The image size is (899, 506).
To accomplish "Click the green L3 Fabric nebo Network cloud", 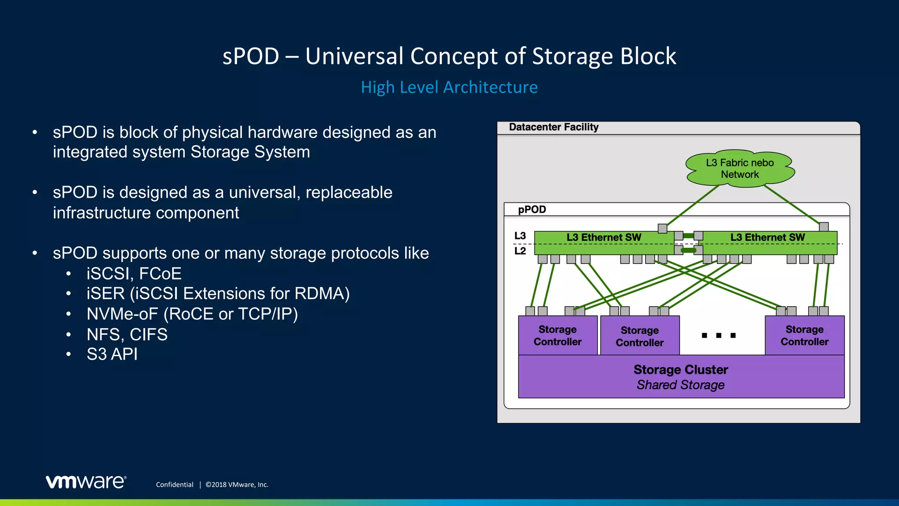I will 740,169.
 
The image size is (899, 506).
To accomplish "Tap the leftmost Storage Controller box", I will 557,336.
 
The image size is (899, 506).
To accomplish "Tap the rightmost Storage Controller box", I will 804,336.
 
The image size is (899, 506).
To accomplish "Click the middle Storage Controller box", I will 640,336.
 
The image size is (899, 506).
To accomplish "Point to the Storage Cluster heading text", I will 680,370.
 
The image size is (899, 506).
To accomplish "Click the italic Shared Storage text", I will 680,385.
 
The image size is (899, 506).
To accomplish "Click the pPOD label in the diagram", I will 532,210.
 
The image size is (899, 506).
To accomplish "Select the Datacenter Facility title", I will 554,127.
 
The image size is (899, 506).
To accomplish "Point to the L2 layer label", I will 520,251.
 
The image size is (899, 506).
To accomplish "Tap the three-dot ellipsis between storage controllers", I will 719,336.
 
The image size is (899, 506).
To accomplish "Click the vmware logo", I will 86,482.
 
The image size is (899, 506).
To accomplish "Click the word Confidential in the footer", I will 174,484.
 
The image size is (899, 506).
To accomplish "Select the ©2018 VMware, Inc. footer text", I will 237,484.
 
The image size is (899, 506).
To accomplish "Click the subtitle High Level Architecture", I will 449,87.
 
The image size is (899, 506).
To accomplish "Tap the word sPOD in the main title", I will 251,56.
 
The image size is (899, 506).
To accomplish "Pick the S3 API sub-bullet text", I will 112,354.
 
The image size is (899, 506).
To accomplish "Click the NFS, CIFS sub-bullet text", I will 127,335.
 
